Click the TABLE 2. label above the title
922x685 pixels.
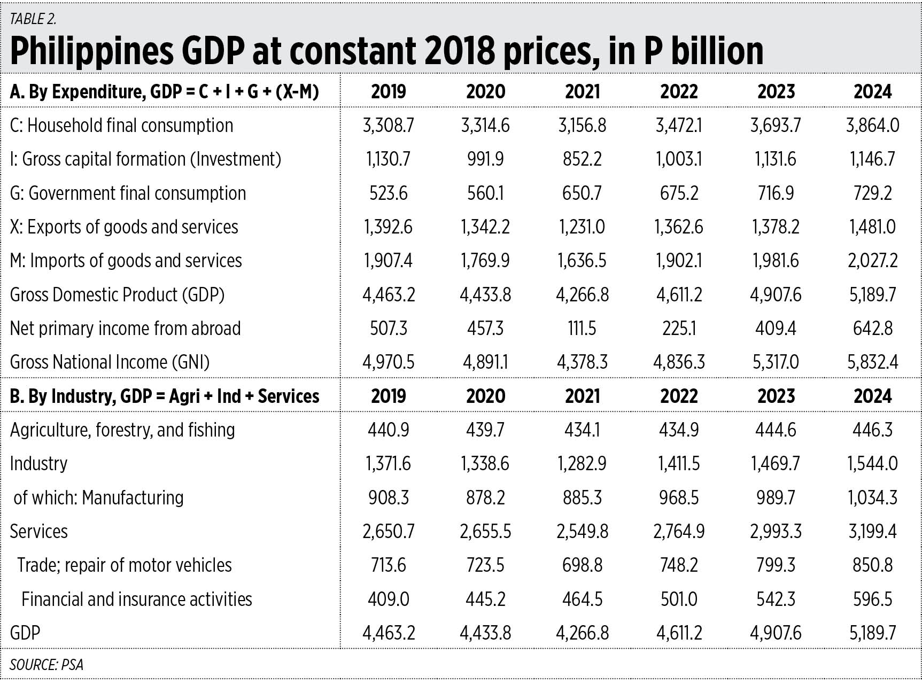[33, 19]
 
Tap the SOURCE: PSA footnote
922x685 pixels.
[47, 665]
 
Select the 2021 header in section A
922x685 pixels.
[582, 92]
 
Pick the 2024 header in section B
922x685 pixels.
[872, 396]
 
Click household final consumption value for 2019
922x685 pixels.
[388, 126]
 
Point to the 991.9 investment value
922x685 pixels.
[485, 159]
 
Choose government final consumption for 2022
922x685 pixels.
[679, 193]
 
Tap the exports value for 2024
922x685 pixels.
[872, 227]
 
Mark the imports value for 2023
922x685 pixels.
[776, 261]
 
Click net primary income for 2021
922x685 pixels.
[582, 329]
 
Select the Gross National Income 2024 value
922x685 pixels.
[872, 362]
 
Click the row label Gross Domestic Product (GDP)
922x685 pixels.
[117, 295]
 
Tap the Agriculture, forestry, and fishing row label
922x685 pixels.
[122, 430]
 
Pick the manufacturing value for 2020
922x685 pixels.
[485, 498]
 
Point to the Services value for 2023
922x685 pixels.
[776, 532]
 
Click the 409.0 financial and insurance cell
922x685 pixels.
[388, 600]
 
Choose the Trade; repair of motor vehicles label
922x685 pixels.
[124, 565]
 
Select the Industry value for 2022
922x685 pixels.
[679, 464]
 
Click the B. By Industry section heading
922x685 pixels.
[165, 396]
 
